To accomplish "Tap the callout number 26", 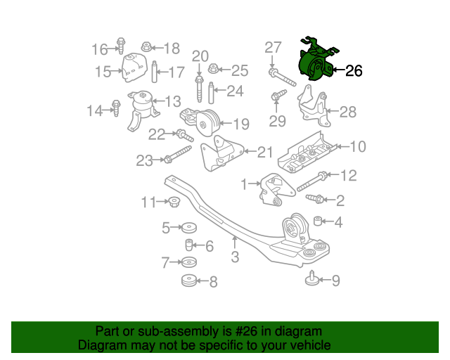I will tap(354, 71).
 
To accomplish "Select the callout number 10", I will tap(358, 147).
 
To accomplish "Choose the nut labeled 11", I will tap(173, 203).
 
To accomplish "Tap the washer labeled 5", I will tap(188, 228).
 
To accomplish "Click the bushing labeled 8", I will tap(188, 281).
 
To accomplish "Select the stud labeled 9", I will tap(310, 280).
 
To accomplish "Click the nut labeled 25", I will tap(214, 70).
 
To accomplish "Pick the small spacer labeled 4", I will tap(317, 222).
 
